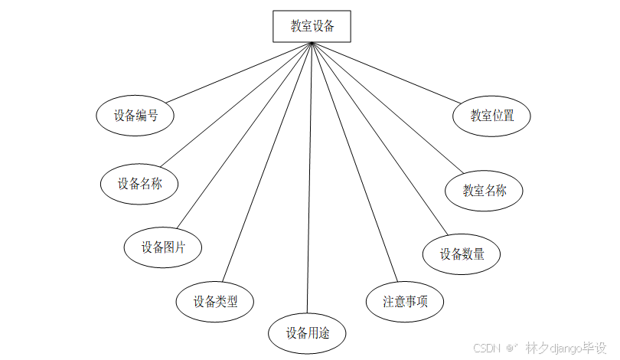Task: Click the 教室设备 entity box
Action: tap(312, 26)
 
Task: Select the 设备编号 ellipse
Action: tap(135, 116)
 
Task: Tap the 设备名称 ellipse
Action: tap(139, 184)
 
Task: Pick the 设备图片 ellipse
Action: tap(163, 247)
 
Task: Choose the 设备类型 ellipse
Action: tap(215, 302)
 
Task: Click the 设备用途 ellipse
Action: tap(307, 333)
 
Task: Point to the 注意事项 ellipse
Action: tap(405, 301)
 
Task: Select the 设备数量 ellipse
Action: tap(462, 254)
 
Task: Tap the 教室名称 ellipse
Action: tap(485, 191)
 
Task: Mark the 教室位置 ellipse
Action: tap(491, 116)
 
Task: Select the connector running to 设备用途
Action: tap(309, 176)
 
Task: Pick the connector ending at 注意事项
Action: tap(354, 161)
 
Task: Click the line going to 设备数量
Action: tap(379, 138)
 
